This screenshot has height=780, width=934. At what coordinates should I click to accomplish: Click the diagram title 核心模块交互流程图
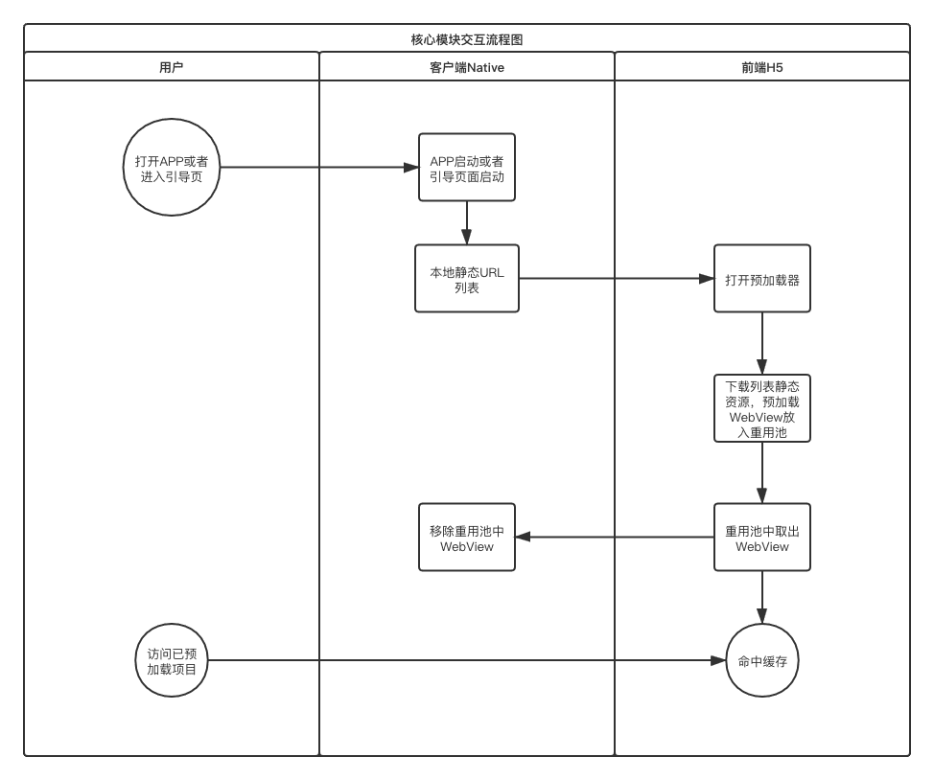click(x=467, y=39)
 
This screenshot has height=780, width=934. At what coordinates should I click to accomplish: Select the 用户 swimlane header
click(x=171, y=67)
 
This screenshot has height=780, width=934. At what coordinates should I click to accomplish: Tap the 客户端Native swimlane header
click(x=467, y=67)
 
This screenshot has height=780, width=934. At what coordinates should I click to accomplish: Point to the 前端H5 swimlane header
click(x=762, y=67)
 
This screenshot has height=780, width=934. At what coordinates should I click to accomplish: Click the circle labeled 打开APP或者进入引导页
click(x=172, y=168)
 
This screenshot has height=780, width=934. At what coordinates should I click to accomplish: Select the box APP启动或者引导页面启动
click(x=467, y=168)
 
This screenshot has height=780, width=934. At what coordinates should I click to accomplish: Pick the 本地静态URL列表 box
click(x=467, y=279)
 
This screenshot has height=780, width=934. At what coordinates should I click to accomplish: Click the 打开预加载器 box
click(x=762, y=279)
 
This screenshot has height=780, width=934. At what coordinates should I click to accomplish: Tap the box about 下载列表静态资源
click(x=762, y=408)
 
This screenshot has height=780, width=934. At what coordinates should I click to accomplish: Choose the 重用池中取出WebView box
click(x=762, y=538)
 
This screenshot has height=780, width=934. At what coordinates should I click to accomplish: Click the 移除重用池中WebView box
click(x=467, y=538)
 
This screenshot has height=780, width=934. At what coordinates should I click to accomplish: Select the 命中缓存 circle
click(x=762, y=660)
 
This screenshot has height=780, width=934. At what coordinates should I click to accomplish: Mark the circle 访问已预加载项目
click(x=172, y=660)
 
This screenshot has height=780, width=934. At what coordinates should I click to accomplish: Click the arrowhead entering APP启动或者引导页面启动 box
click(x=411, y=168)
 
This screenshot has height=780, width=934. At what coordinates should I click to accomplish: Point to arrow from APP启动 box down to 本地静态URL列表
click(x=467, y=223)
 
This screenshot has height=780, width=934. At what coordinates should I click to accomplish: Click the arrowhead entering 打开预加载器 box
click(x=707, y=279)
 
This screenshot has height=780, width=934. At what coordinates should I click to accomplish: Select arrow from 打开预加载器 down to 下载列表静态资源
click(x=762, y=343)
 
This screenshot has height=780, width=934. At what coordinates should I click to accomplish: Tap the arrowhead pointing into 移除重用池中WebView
click(x=524, y=538)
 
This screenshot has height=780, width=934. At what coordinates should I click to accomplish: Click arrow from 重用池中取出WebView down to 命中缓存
click(x=762, y=597)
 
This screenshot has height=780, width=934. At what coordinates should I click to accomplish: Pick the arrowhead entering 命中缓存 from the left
click(x=718, y=660)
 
